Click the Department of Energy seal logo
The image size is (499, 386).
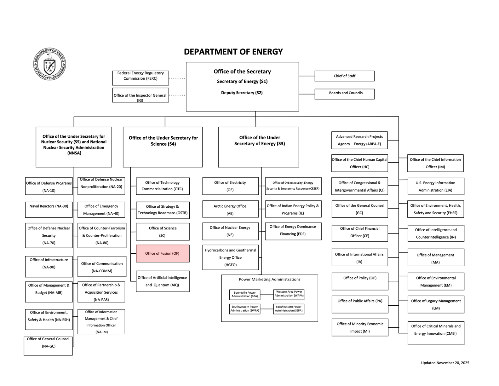pos(49,64)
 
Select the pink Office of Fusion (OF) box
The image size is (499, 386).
pos(163,253)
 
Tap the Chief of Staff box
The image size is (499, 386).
pos(344,76)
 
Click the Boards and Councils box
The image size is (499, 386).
pos(344,94)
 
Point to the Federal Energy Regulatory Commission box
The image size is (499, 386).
pos(140,78)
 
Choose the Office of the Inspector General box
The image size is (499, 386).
pos(140,95)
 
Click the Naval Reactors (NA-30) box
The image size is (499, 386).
pos(49,210)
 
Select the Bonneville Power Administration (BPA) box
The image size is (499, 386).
pos(244,295)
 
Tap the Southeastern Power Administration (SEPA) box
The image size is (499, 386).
pos(289,309)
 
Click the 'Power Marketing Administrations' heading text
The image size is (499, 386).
pos(270,279)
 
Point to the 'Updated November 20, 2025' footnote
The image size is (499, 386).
pos(445,363)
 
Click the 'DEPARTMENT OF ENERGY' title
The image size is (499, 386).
pos(233,52)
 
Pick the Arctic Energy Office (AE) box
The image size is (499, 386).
pos(230,209)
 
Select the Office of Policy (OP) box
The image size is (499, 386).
pos(360,281)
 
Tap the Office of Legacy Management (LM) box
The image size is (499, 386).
pos(436,304)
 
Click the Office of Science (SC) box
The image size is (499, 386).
pos(163,232)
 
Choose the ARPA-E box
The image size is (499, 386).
pos(359,140)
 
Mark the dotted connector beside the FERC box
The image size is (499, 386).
pos(177,78)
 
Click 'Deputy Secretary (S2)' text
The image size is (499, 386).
pos(242,93)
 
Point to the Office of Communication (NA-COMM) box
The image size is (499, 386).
pos(102,266)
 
